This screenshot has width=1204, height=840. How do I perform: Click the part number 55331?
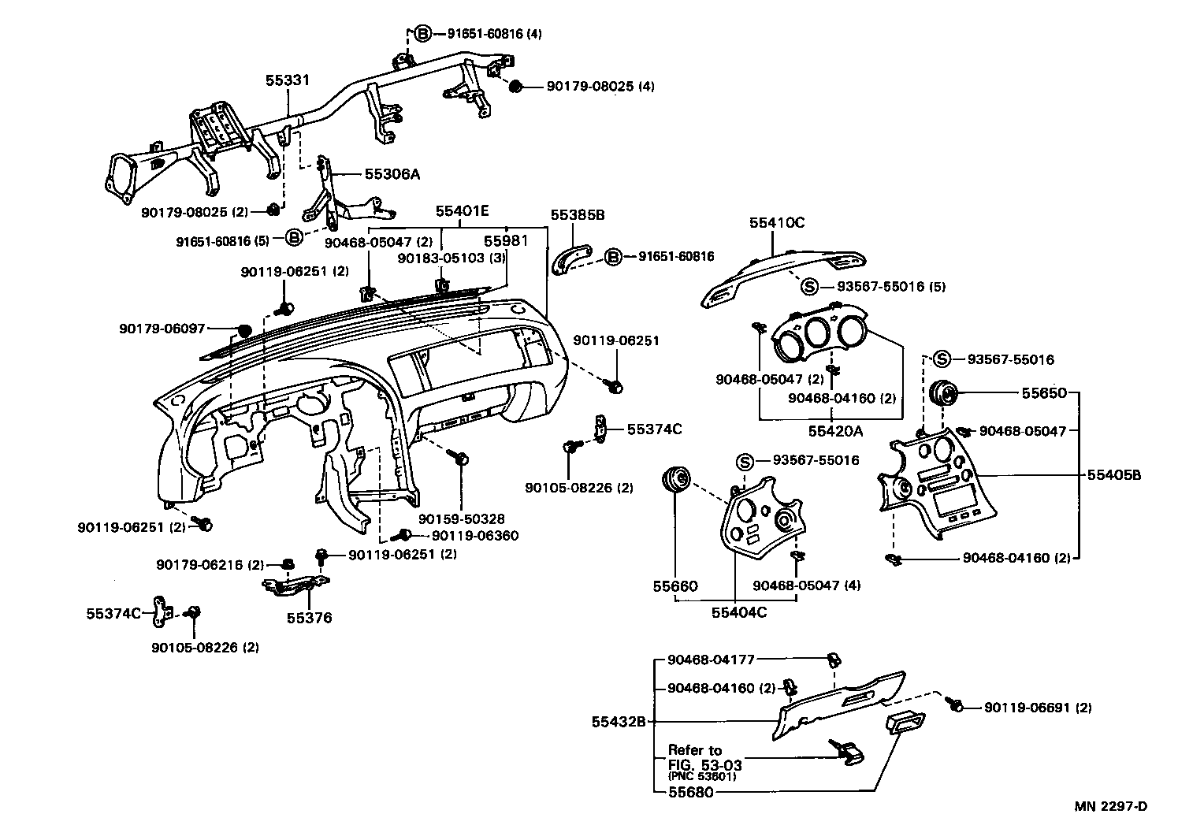click(287, 80)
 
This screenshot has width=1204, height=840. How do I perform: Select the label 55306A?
click(392, 174)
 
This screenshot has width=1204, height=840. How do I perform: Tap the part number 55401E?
click(463, 210)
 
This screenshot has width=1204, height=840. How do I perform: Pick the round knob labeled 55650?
click(942, 392)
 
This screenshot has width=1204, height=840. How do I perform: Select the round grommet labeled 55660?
click(676, 478)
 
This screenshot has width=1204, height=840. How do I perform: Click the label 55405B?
click(1114, 474)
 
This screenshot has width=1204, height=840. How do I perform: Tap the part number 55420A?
click(835, 431)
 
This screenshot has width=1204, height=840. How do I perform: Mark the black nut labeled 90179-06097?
click(243, 329)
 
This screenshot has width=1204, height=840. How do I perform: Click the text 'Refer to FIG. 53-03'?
click(704, 757)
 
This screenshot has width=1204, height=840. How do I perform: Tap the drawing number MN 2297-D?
click(1111, 805)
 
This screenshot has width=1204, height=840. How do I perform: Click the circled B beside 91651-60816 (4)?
click(423, 34)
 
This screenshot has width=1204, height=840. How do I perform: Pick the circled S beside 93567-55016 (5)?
click(809, 287)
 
